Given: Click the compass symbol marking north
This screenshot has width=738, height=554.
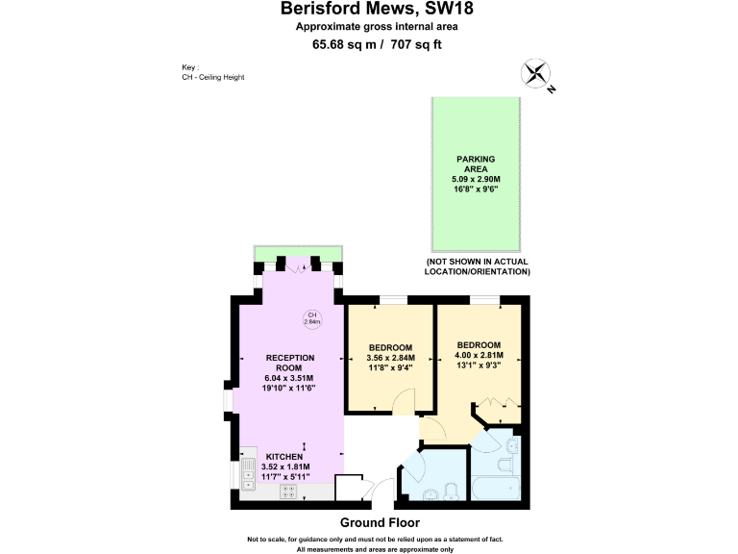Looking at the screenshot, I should point(536,74).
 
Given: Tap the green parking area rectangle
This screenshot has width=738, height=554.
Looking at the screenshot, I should point(478,174).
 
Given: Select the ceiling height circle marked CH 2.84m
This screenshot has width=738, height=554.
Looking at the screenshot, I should point(312,318).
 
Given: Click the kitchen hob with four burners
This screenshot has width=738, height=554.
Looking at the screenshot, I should point(289,491).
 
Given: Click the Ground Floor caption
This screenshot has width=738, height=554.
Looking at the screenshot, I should point(379,522).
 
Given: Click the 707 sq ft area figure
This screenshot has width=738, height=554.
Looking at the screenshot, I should point(416,44).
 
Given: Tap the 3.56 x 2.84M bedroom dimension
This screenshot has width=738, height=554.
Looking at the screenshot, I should point(391,357).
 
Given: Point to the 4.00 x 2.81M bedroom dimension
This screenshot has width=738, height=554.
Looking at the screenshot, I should point(479,355).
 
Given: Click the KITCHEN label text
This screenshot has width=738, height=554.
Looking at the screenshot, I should point(284,456).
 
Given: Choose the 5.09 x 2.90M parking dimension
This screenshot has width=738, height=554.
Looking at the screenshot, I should point(478,179).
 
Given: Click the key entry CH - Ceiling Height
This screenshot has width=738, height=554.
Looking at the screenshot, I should point(212,76).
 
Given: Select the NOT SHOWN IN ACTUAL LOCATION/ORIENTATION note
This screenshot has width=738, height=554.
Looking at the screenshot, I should point(478,266).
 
